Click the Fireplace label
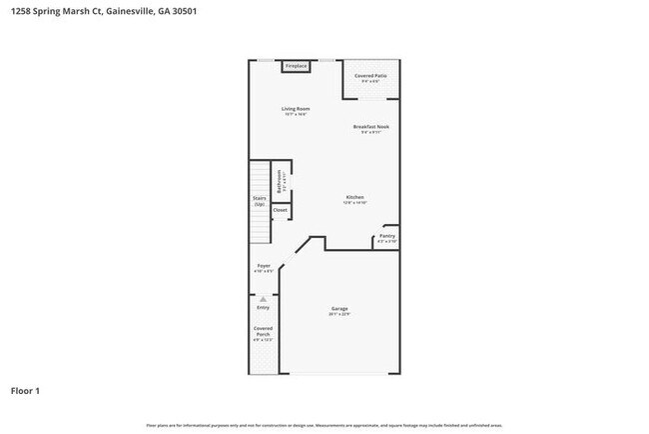(x=295, y=66)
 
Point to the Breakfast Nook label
(x=371, y=127)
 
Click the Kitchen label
(x=354, y=197)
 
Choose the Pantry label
(x=386, y=236)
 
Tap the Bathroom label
(x=281, y=181)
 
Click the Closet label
(x=281, y=210)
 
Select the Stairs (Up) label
(x=259, y=200)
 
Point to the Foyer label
(x=264, y=266)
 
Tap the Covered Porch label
(x=263, y=331)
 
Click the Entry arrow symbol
(x=263, y=298)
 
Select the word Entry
(x=263, y=307)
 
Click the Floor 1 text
(x=26, y=390)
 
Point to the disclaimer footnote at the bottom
(x=324, y=425)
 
